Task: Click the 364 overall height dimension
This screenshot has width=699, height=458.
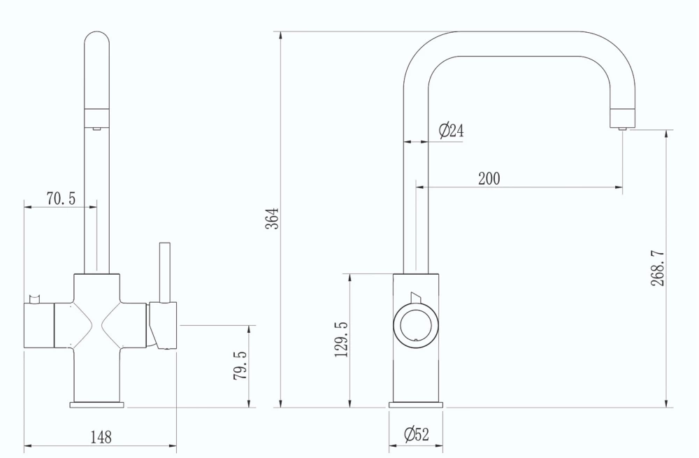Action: click(x=275, y=218)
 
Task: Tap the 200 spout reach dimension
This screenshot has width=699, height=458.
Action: click(x=489, y=178)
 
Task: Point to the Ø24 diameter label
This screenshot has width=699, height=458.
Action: click(x=451, y=131)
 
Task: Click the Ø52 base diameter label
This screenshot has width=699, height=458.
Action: click(x=417, y=435)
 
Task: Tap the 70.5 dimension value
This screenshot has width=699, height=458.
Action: click(x=61, y=199)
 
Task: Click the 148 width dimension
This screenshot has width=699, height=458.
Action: click(x=101, y=438)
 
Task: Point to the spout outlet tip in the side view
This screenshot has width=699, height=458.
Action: click(x=621, y=124)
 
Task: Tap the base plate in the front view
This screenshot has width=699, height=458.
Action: click(x=96, y=404)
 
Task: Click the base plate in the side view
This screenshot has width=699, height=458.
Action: click(x=415, y=404)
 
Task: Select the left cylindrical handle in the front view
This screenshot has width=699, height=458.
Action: click(x=39, y=327)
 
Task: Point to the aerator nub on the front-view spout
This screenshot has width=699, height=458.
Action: click(x=96, y=128)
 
